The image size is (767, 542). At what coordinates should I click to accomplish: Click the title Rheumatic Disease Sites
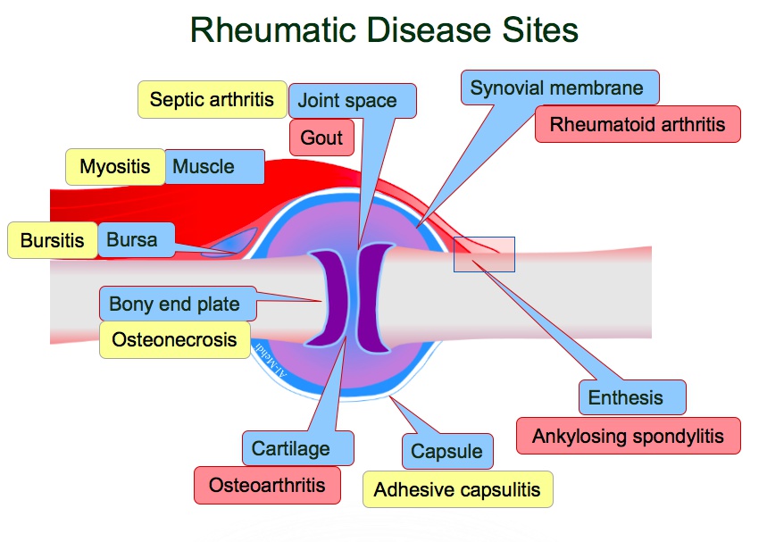point(384,30)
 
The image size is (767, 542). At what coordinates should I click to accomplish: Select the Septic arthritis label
point(212,99)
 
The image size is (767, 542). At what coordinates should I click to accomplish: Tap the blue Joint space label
point(347,101)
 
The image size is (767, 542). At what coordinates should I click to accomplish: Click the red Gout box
point(321,138)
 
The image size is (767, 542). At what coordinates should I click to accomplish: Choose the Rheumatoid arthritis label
point(638,124)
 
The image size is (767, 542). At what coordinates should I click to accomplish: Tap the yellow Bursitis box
point(52,240)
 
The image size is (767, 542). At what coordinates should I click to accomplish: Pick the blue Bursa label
point(131,239)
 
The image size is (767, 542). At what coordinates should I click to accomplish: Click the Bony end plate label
point(175,304)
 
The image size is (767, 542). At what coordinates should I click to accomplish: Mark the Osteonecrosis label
point(174,339)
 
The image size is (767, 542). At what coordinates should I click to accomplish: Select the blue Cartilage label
point(290,448)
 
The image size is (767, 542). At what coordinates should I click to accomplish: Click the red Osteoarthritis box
point(267,485)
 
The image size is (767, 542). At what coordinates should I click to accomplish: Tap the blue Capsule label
point(446,452)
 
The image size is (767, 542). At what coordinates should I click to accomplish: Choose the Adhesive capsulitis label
point(457,489)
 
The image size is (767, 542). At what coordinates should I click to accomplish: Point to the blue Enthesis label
point(632,397)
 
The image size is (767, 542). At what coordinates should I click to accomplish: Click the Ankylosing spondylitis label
point(629,437)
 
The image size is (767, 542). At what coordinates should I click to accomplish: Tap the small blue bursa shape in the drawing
point(232,244)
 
